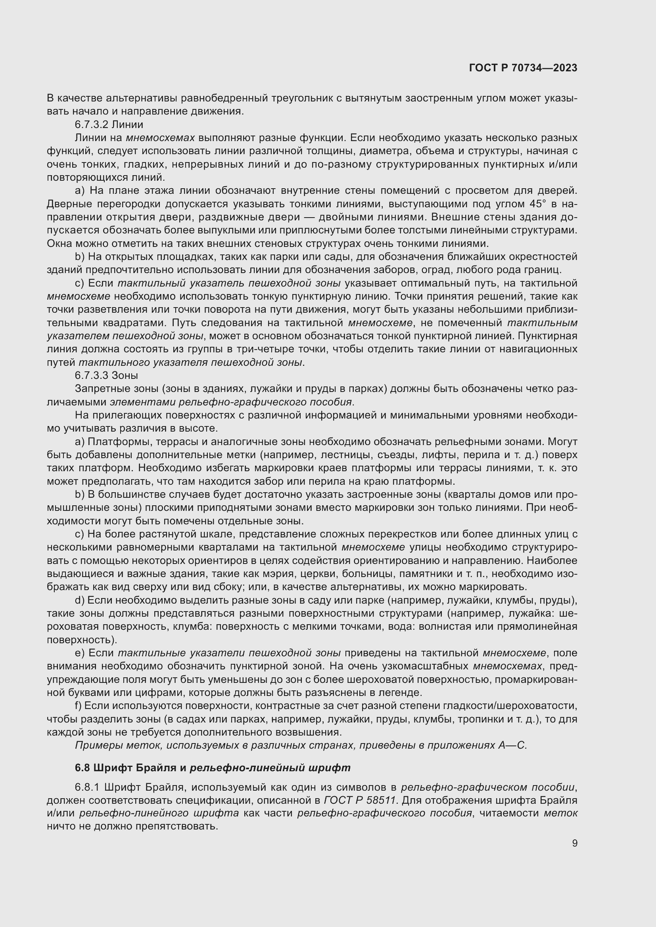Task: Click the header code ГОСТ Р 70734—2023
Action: tap(523, 68)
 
